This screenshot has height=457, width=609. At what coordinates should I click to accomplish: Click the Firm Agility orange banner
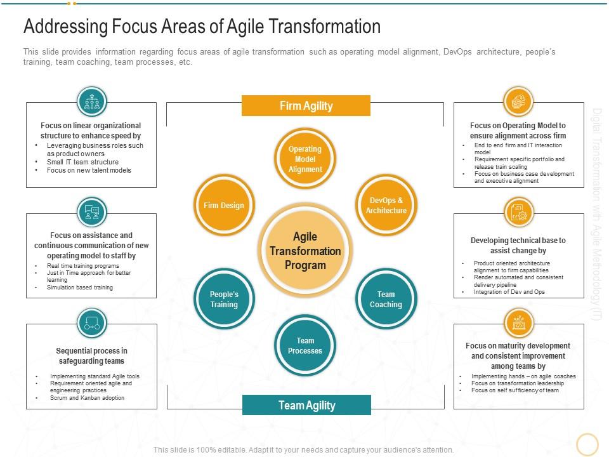point(306,106)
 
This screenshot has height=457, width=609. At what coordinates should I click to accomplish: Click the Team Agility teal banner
point(306,405)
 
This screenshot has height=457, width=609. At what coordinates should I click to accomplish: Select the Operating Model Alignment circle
point(305,159)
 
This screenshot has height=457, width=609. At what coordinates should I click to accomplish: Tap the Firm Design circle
point(224,205)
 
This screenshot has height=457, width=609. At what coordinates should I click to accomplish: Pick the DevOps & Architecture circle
point(386,205)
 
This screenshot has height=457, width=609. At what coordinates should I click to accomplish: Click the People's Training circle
point(224,299)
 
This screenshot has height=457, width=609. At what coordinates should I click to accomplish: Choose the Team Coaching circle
point(386,299)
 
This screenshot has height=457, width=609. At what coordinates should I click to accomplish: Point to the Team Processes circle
point(305,345)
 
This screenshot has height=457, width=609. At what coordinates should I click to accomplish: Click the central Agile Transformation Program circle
point(305,251)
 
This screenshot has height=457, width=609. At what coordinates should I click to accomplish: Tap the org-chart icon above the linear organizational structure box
point(92,102)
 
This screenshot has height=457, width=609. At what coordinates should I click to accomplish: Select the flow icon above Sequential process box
point(92,323)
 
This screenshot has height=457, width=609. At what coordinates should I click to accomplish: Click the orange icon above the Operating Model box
point(518,102)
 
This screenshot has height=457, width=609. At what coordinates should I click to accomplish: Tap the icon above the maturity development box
point(518,323)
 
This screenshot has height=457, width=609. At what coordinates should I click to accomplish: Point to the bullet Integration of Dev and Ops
point(509,291)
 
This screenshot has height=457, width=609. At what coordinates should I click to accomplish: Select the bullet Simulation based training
point(80,287)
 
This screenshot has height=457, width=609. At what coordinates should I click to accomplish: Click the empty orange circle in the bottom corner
point(587,444)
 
